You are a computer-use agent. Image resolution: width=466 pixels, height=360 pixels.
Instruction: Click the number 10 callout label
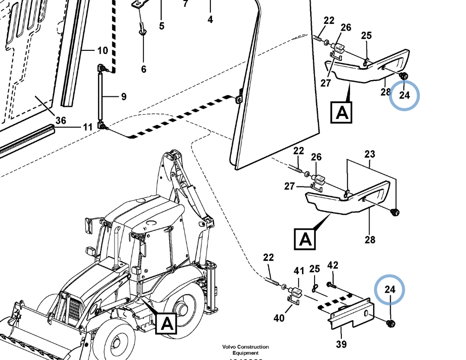(103, 50)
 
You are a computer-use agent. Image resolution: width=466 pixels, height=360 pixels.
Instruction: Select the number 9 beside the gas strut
(124, 96)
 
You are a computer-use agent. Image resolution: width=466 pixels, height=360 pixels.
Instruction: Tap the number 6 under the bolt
(143, 69)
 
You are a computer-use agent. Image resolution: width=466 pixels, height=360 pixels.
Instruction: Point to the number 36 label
(60, 120)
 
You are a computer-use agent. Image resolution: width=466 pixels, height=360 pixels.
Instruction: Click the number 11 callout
(87, 127)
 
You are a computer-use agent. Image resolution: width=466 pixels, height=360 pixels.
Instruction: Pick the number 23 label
(370, 154)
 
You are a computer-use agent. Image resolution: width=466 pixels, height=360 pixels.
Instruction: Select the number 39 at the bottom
(341, 343)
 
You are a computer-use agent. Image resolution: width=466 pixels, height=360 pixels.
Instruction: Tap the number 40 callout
(279, 317)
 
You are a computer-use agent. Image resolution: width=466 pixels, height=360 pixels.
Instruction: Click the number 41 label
(299, 271)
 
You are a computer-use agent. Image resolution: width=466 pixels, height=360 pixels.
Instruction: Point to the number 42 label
(333, 265)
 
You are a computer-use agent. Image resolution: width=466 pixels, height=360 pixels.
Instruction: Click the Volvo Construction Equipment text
(245, 349)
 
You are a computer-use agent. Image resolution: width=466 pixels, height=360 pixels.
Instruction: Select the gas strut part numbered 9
(101, 96)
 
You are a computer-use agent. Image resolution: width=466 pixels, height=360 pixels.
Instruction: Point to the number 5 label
(162, 26)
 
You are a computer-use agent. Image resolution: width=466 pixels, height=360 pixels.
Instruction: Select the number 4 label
(210, 20)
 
